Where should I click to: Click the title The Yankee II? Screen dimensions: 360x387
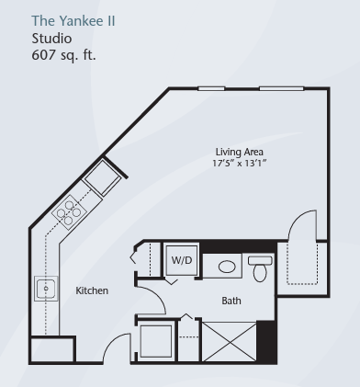73,21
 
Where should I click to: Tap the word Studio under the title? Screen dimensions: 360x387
51,39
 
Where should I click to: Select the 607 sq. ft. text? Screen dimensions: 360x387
63,55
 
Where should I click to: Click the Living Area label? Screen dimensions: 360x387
240,152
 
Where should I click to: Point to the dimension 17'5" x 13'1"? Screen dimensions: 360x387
240,163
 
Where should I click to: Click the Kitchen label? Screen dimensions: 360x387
92,290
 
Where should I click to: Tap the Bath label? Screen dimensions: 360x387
231,301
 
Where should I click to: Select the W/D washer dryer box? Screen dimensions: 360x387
182,260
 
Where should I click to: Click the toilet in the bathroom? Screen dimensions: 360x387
260,268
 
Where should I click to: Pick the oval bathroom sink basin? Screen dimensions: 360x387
227,267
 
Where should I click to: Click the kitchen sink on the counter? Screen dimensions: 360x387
46,289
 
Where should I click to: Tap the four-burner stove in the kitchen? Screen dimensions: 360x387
69,212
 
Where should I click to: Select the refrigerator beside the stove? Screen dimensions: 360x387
103,178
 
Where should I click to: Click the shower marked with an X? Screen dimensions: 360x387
230,341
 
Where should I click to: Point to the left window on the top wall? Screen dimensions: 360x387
211,89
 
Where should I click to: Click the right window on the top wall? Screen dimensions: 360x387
282,89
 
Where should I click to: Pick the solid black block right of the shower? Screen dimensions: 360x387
266,342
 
